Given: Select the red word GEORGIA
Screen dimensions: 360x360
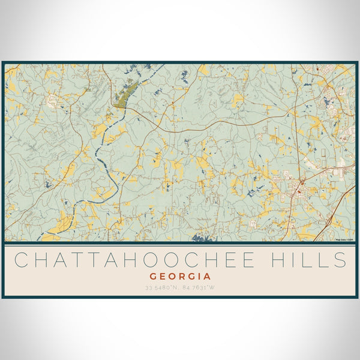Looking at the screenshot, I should pos(181,277).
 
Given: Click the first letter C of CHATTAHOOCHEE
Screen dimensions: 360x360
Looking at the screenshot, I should pos(21,260).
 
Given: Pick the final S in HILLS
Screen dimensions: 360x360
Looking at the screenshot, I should pos(341,260).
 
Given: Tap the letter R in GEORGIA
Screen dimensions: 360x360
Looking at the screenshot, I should pos(181,277).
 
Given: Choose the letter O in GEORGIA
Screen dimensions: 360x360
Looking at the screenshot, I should pos(171,277).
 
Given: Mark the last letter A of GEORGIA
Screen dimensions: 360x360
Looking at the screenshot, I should pos(208,277).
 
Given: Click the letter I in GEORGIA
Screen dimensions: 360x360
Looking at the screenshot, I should pos(200,277).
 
